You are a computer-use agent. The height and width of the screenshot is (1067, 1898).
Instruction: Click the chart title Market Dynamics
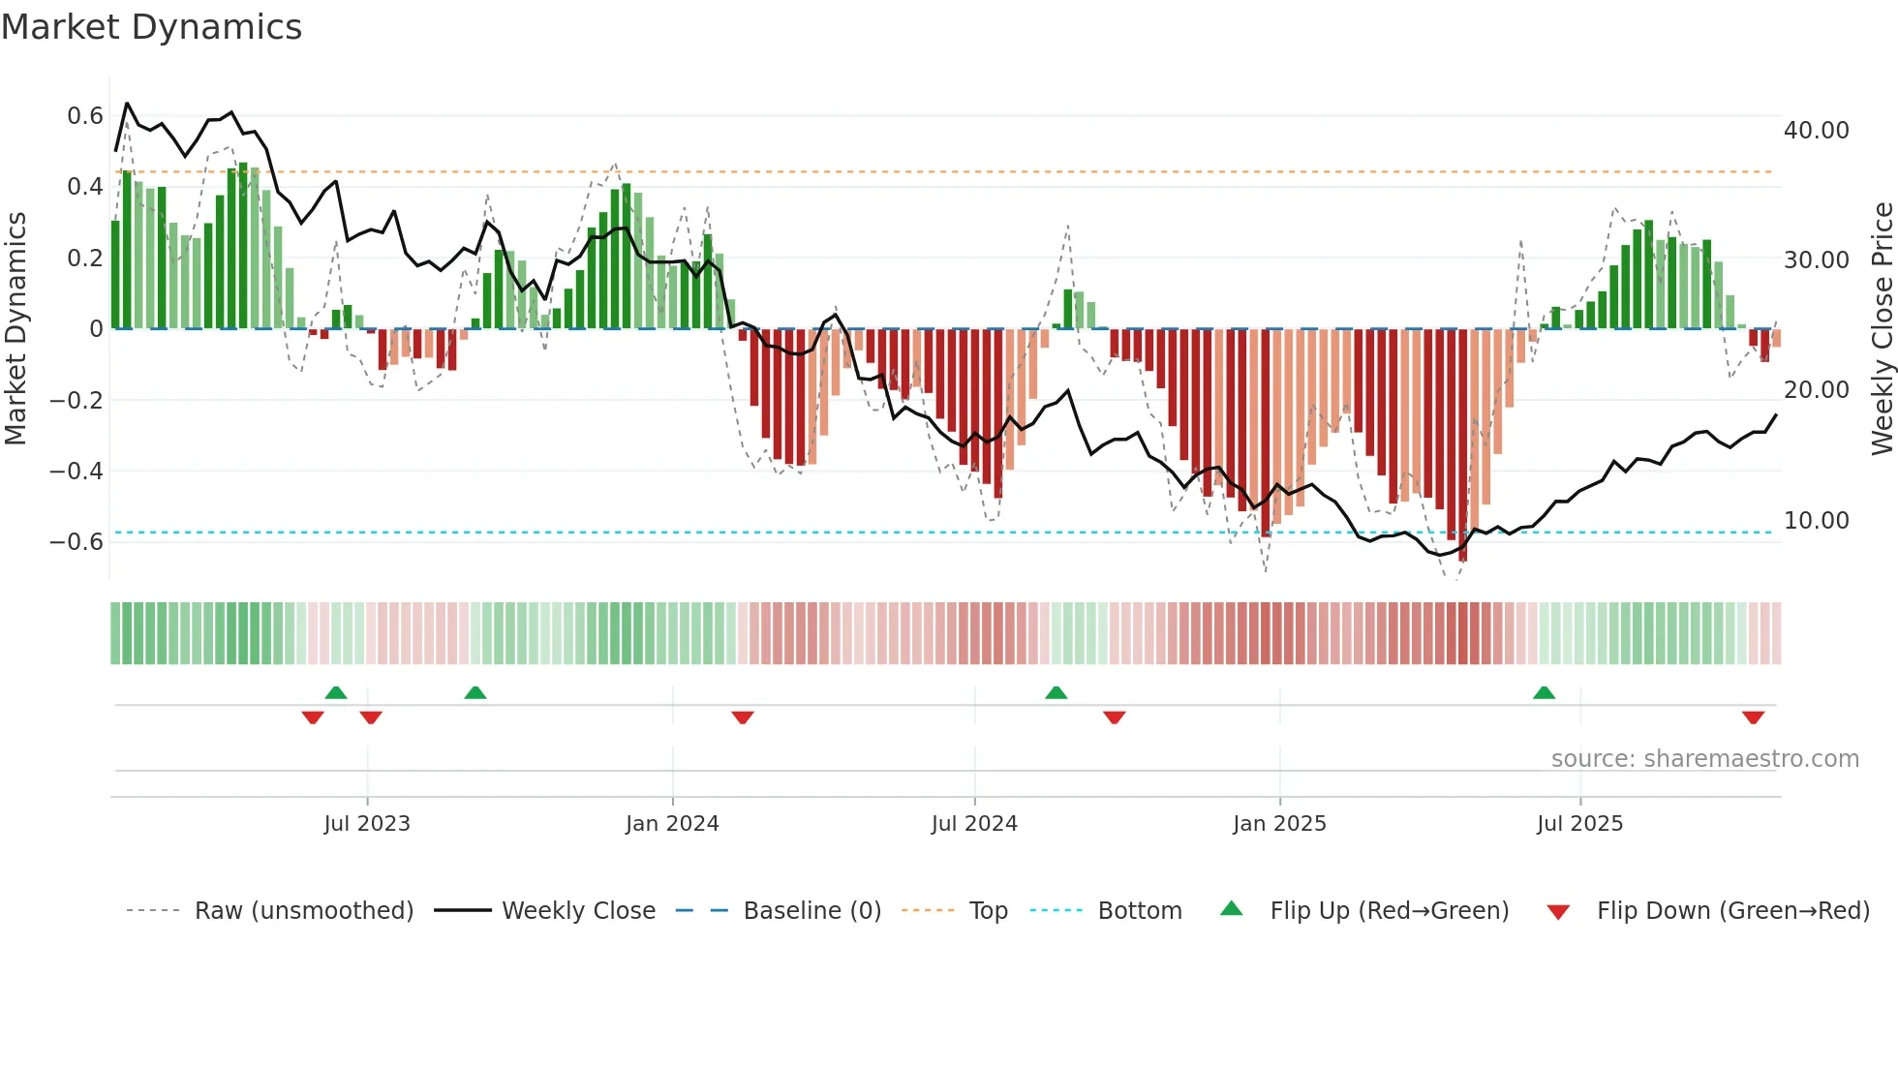click(x=151, y=27)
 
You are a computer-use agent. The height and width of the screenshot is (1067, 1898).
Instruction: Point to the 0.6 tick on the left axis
click(x=85, y=116)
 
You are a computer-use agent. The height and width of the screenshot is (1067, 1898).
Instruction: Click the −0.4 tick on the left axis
click(x=77, y=472)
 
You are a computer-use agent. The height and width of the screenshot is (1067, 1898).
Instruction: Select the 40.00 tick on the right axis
click(x=1816, y=131)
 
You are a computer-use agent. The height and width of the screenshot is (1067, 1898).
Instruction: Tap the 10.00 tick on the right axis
click(x=1816, y=521)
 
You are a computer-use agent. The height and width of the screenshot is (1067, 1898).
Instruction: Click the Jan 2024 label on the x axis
click(x=672, y=824)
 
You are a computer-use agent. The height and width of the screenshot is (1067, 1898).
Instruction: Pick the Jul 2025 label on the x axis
click(x=1579, y=824)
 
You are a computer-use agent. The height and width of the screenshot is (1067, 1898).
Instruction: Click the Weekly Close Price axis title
click(x=1882, y=328)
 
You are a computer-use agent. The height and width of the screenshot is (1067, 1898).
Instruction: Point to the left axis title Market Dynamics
click(x=15, y=328)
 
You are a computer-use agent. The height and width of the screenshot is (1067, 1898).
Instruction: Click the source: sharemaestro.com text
click(x=1704, y=759)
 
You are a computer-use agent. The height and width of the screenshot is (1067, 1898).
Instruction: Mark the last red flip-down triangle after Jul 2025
click(x=1753, y=717)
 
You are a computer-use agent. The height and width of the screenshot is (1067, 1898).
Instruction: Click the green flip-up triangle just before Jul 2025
click(x=1544, y=692)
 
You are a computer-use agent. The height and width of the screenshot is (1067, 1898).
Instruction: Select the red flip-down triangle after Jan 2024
click(x=743, y=717)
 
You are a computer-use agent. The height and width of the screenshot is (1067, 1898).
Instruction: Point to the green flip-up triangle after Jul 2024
click(x=1056, y=692)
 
